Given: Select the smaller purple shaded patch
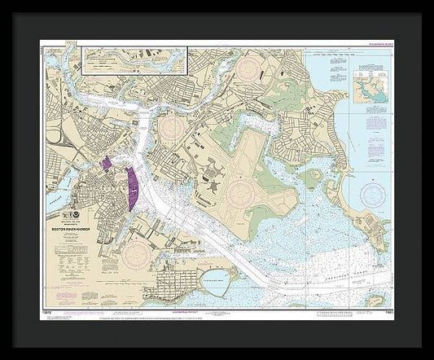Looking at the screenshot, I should point(107,163).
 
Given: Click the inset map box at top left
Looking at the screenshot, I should point(134,61).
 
